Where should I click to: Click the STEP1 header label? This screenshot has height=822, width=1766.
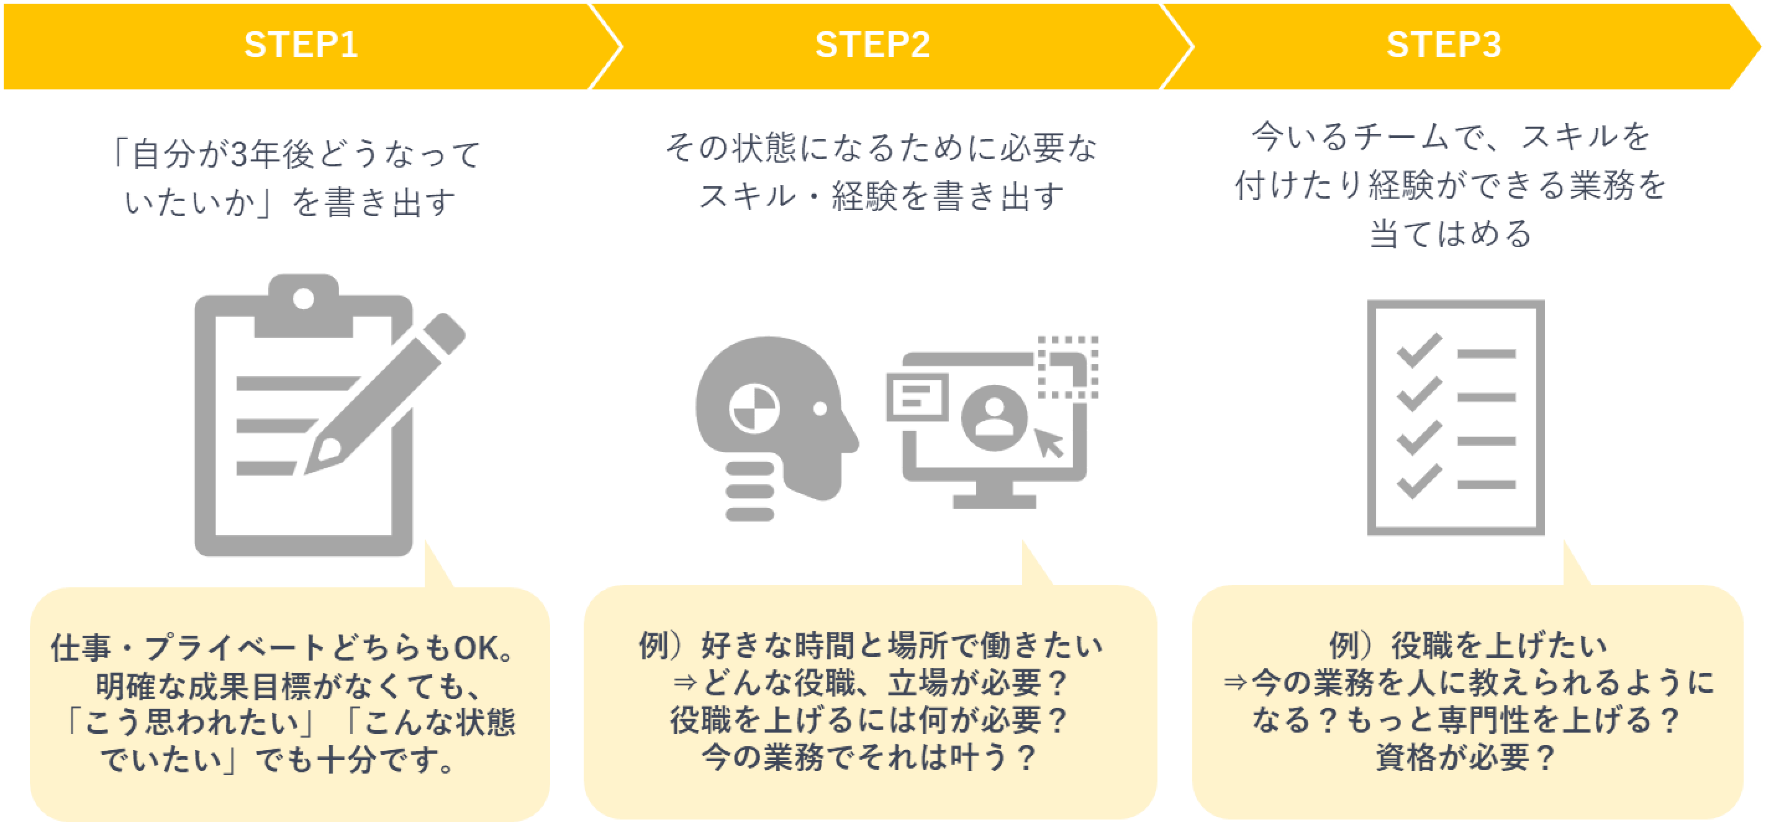click(x=301, y=45)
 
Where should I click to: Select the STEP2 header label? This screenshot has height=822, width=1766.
click(x=872, y=45)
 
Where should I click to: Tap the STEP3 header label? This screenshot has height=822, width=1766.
click(x=1444, y=45)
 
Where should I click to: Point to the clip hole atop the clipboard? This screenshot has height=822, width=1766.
click(x=303, y=299)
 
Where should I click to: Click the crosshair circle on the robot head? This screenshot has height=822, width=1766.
click(x=754, y=409)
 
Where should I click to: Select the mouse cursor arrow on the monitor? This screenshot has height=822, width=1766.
click(x=1048, y=442)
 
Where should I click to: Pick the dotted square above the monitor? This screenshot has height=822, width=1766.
click(x=1069, y=367)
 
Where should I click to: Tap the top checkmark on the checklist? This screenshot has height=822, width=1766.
click(x=1418, y=350)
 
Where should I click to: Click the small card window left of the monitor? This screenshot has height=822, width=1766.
click(x=917, y=396)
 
